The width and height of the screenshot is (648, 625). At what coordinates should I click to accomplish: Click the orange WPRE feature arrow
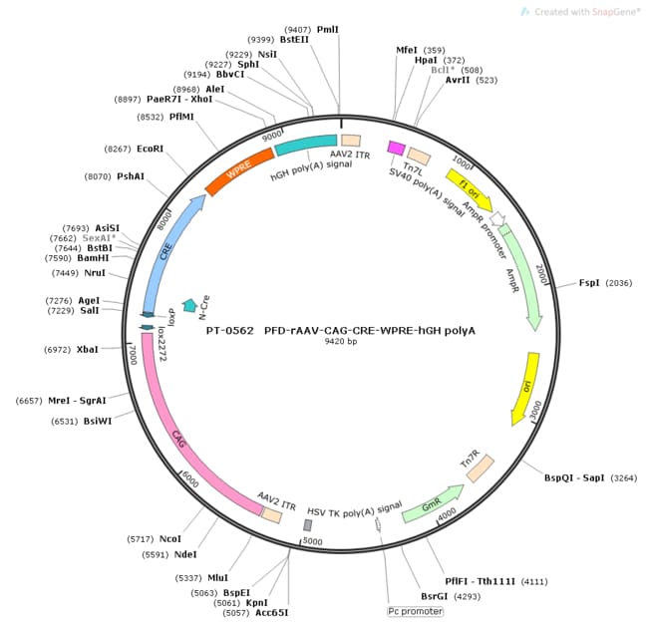point(239,171)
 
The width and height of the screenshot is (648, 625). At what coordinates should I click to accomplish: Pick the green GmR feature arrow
point(431,505)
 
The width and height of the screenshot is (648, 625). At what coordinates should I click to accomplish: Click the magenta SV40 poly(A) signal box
point(396,149)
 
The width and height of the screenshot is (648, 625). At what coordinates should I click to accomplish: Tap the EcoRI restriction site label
point(150,149)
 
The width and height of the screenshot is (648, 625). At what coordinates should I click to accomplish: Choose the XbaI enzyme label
point(87,350)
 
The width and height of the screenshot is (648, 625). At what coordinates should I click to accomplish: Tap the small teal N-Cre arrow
point(189,305)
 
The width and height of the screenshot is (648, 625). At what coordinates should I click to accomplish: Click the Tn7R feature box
point(481,468)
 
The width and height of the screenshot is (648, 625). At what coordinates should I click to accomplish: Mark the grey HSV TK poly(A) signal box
point(308,524)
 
